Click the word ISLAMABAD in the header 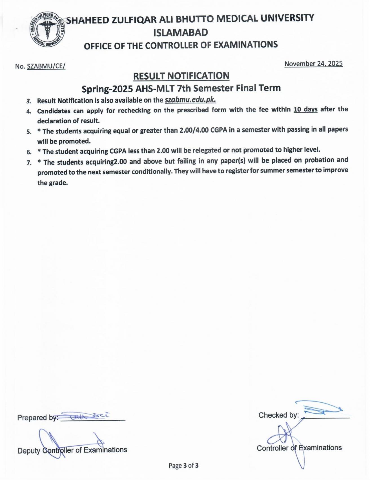coord(181,32)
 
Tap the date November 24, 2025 coord(313,64)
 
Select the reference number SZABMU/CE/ coord(46,67)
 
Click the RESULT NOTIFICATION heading coord(181,76)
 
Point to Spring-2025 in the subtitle coord(107,89)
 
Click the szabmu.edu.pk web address coord(190,100)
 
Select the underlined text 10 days coord(305,109)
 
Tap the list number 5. coord(29,132)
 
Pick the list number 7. coord(29,163)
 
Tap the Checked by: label coord(278,415)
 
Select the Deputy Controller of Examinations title coord(72,450)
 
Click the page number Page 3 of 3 coord(184,466)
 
